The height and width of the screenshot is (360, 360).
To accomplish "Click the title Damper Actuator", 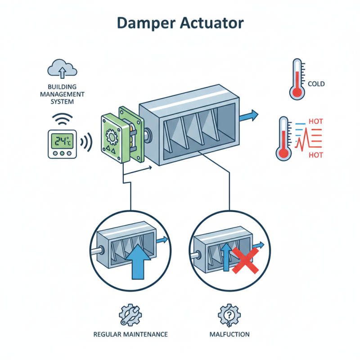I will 180,23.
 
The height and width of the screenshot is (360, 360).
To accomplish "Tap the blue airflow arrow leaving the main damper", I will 248,116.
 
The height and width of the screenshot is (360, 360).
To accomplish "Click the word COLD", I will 316,84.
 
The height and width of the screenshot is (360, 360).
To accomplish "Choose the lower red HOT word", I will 316,155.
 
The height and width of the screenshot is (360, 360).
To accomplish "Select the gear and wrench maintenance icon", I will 130,313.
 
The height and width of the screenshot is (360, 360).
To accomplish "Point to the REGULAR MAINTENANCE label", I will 130,334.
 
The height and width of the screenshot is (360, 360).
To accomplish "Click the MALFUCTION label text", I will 229,334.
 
